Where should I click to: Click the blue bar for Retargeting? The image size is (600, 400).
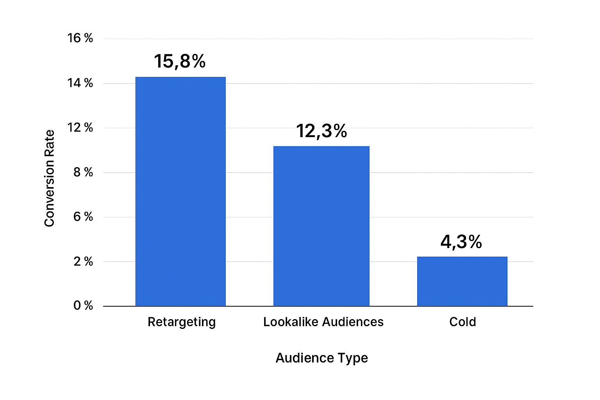point(180,191)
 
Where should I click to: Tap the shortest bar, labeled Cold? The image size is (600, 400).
point(462,281)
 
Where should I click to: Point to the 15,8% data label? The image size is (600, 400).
point(180,61)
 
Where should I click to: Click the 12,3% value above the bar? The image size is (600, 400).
point(321,131)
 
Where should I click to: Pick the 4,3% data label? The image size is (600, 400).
point(461,242)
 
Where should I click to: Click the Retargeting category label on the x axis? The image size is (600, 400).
point(182,322)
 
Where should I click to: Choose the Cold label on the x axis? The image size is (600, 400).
point(462,322)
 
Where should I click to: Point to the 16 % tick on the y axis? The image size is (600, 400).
point(80,38)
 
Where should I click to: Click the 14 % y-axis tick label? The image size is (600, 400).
point(80,83)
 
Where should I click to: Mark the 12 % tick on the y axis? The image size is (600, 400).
point(80,128)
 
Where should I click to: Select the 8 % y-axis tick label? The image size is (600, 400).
point(83,172)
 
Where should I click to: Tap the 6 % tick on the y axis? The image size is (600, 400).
point(83,217)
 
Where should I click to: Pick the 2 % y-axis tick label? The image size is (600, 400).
point(83,261)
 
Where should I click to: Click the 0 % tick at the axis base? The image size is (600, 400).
point(83,305)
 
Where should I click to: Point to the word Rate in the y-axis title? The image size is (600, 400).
point(49,143)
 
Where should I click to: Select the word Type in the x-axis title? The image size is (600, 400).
point(353,358)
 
